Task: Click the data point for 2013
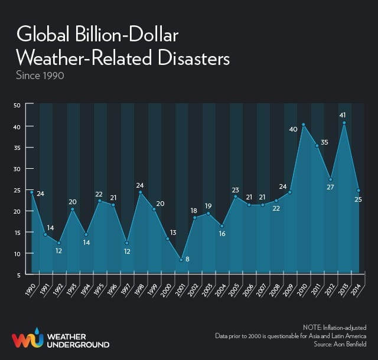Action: coord(344,123)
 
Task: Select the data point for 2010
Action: coord(303,125)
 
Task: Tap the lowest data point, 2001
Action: coord(181,260)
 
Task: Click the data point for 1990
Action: coord(32,192)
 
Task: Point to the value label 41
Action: coord(342,115)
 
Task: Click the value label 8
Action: coord(188,260)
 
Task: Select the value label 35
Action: coord(324,142)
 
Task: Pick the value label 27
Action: coord(330,187)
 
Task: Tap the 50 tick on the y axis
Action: coord(17,105)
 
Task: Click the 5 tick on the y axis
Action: coord(19,274)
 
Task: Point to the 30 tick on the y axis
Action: coord(17,169)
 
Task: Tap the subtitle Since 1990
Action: coord(40,76)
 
